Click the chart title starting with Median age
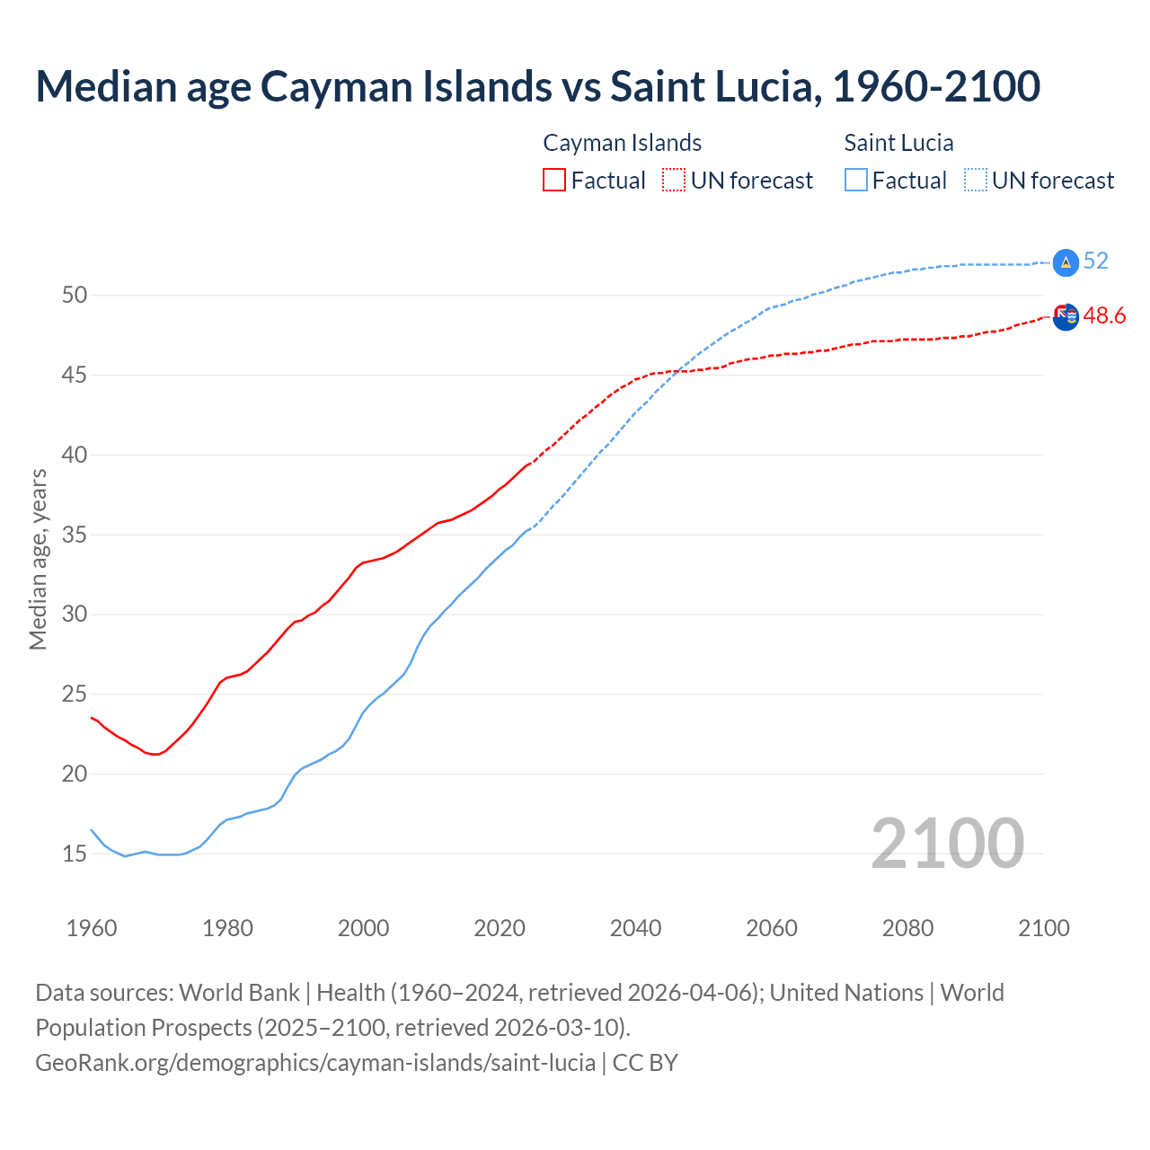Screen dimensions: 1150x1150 click(x=537, y=86)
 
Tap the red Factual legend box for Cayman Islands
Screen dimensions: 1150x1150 click(x=554, y=180)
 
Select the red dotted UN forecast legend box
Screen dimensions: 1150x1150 click(x=674, y=180)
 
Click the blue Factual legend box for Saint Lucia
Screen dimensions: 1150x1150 click(x=856, y=180)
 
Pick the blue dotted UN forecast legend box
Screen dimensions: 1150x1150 click(x=976, y=180)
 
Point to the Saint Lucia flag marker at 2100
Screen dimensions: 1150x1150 click(x=1065, y=262)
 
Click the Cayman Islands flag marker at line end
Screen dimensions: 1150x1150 click(x=1065, y=316)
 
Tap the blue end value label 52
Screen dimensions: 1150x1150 click(x=1096, y=261)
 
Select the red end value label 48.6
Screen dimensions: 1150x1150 click(x=1104, y=315)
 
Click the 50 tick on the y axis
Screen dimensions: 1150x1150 click(x=74, y=295)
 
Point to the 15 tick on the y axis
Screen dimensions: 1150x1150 click(x=74, y=854)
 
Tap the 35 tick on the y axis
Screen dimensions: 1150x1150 click(x=74, y=535)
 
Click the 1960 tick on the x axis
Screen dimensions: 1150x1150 click(x=92, y=928)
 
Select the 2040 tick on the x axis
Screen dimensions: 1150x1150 click(x=635, y=928)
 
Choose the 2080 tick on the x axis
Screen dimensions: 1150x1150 click(x=907, y=928)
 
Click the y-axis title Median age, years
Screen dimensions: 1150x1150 click(x=38, y=559)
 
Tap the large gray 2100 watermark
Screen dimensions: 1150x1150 click(x=947, y=843)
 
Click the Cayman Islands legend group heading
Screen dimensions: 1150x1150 click(x=622, y=143)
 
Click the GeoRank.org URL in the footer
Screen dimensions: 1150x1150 click(x=315, y=1062)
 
